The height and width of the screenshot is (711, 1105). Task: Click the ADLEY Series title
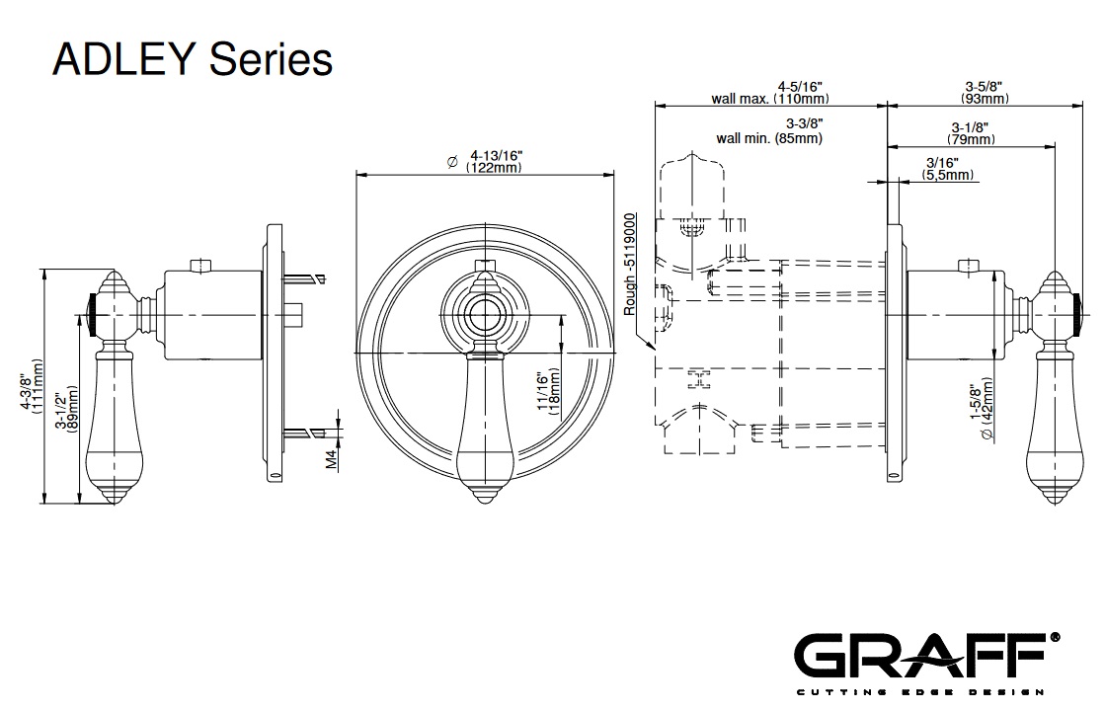192,59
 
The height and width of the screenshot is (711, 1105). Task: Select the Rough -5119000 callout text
630,264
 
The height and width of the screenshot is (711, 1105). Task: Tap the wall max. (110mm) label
769,92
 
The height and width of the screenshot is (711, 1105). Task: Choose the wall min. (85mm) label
770,130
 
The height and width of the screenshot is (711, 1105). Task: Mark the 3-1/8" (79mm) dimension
973,133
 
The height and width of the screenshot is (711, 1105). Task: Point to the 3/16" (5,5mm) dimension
948,169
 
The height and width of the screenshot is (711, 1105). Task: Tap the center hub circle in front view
485,315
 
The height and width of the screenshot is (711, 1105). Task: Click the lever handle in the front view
485,434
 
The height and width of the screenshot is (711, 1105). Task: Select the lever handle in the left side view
112,425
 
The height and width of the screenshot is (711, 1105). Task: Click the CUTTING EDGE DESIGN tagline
927,688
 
